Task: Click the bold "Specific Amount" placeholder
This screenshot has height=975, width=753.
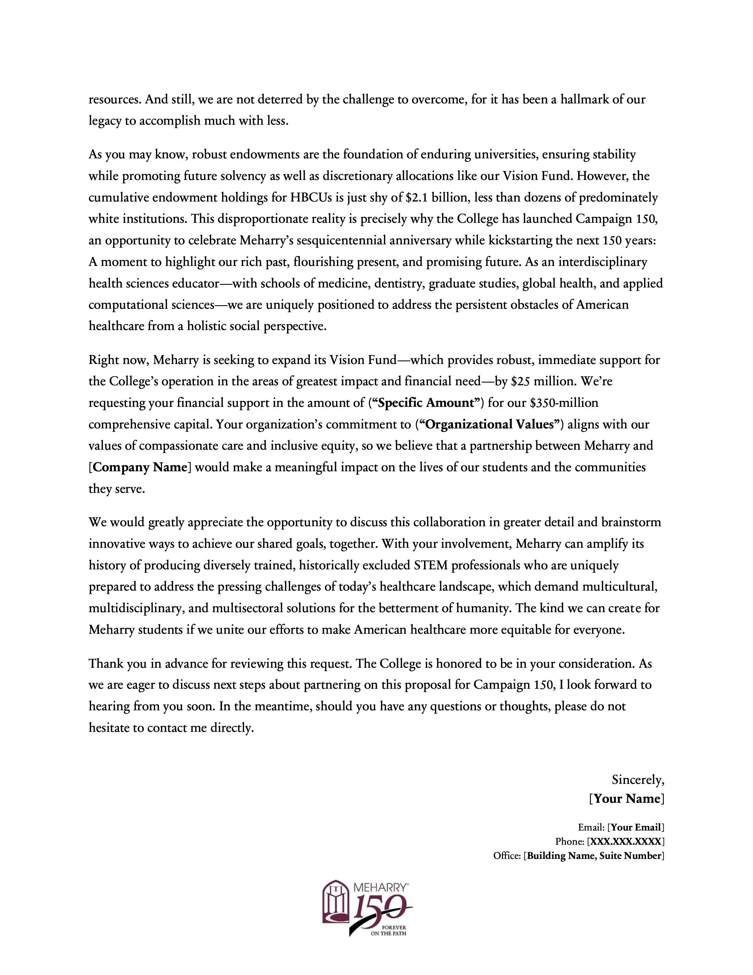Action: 426,403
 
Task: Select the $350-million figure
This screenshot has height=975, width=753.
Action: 564,403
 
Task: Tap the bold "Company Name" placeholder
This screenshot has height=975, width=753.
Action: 140,467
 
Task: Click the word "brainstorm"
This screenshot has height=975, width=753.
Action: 631,522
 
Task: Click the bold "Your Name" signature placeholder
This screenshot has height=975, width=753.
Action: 627,799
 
